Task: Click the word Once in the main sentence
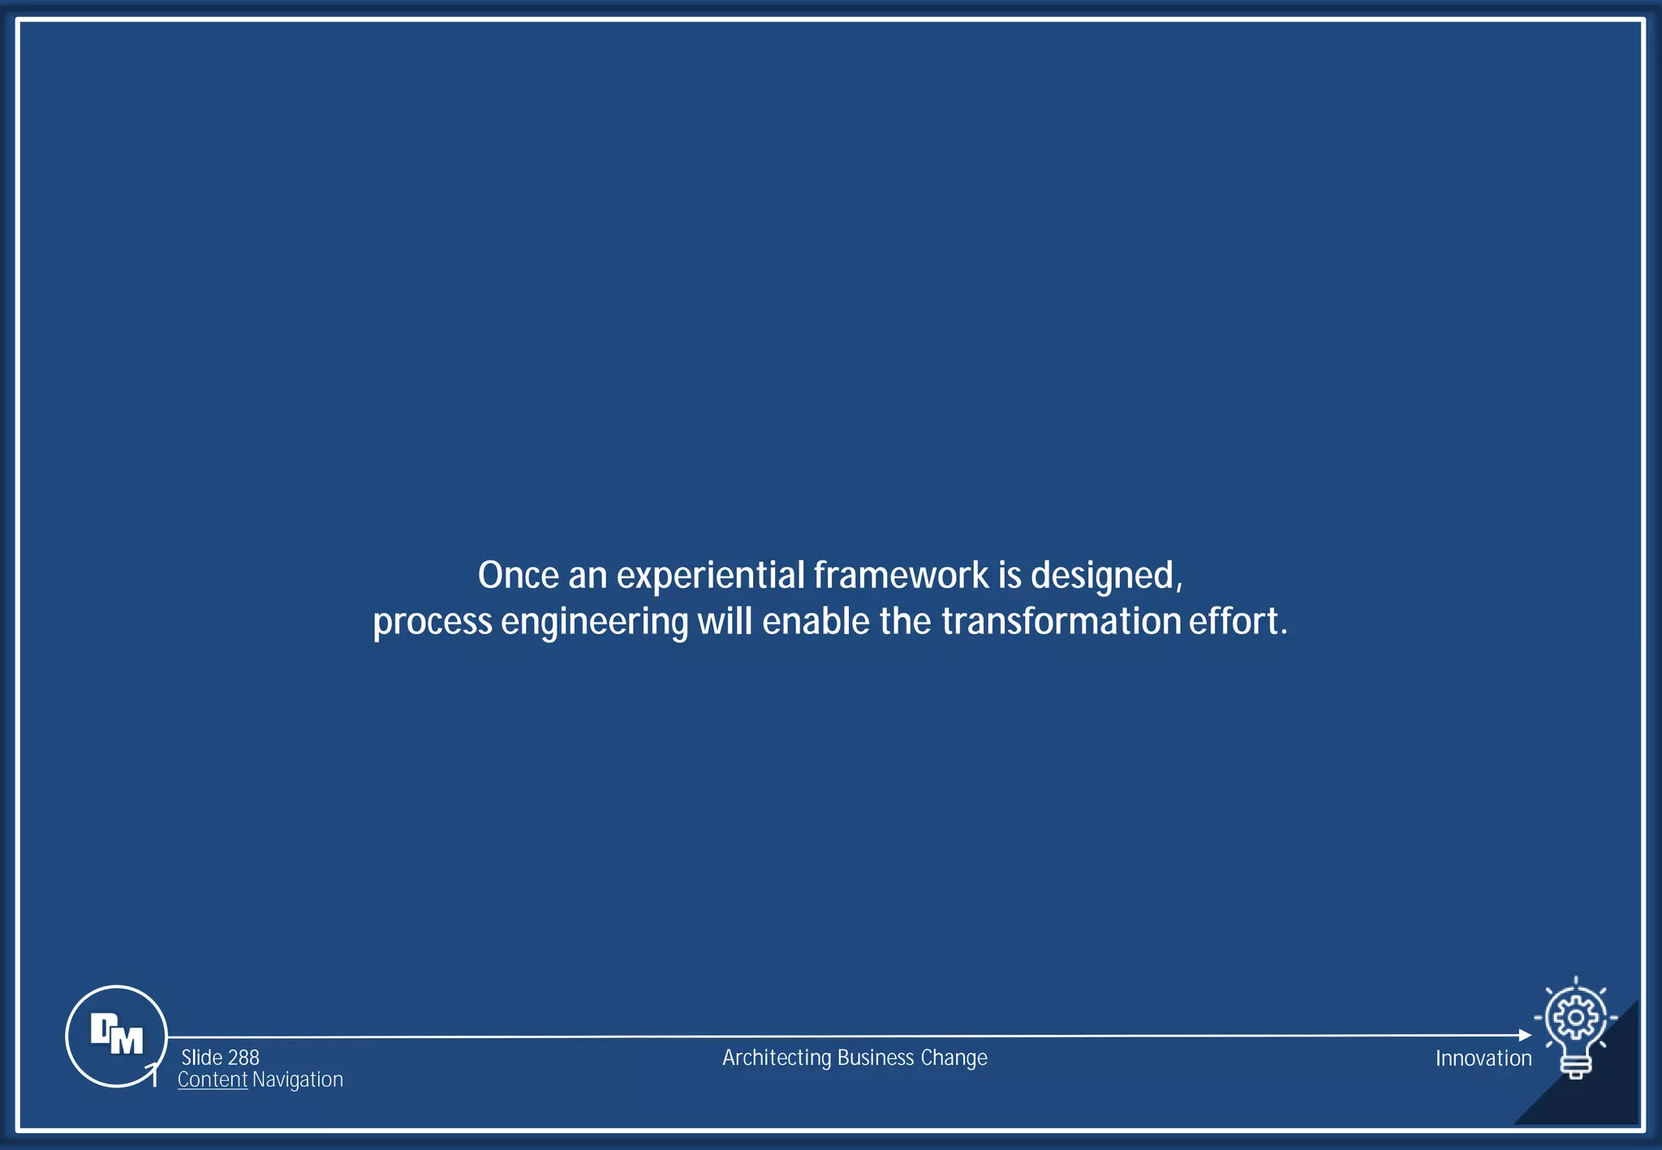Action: (x=518, y=576)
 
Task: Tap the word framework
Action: (x=901, y=576)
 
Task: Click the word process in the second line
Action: (x=433, y=623)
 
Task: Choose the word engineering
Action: (x=594, y=623)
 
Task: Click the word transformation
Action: (x=1061, y=621)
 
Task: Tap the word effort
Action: (x=1238, y=621)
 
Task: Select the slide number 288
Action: (x=243, y=1058)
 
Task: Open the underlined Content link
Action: (x=213, y=1079)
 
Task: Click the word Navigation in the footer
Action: (x=297, y=1079)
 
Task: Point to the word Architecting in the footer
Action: (x=777, y=1058)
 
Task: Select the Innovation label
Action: (x=1483, y=1058)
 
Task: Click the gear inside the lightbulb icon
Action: (x=1575, y=1017)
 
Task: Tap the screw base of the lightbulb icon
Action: (x=1575, y=1069)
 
